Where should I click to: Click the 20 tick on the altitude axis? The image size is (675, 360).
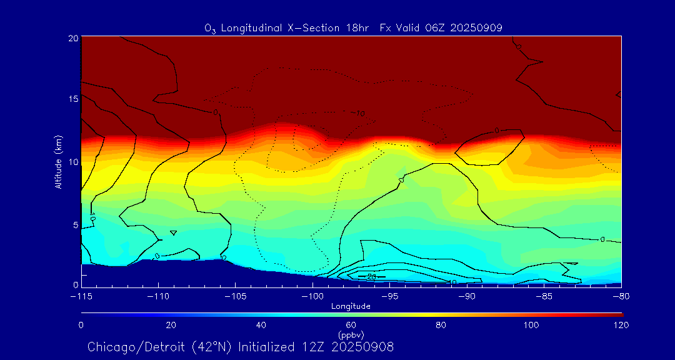tap(73, 37)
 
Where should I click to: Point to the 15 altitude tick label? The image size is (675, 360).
tap(73, 99)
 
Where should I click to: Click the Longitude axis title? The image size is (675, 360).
tap(351, 306)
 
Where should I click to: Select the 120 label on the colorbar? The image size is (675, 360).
tap(621, 325)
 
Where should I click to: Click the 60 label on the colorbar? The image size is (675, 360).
tap(351, 325)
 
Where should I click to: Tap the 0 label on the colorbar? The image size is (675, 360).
tap(81, 325)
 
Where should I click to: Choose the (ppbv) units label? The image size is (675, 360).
tap(351, 335)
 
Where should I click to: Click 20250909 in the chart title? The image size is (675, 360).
tap(477, 27)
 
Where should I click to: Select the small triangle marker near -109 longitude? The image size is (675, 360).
tap(174, 233)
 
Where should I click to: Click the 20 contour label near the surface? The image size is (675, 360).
tap(371, 276)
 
